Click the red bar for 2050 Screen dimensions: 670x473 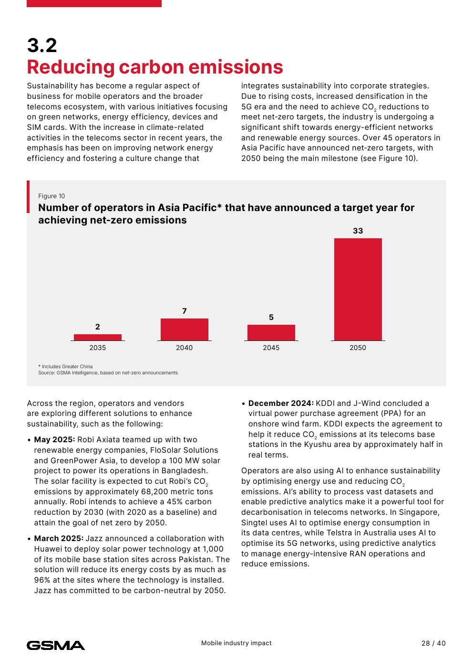click(358, 289)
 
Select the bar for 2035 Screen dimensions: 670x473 click(98, 337)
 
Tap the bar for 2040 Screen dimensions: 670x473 click(185, 330)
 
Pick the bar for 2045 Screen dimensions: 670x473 click(271, 332)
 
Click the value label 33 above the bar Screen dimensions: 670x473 click(358, 231)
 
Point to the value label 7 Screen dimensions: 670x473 click(185, 311)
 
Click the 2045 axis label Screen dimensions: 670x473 click(271, 348)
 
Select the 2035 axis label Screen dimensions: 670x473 click(98, 348)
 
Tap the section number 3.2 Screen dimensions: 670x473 click(42, 46)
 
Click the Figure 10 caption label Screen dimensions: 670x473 click(51, 196)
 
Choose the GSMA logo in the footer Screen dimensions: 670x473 click(56, 646)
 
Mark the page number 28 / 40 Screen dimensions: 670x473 click(433, 643)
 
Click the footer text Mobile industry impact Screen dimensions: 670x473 click(236, 643)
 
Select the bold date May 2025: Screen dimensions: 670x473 click(54, 440)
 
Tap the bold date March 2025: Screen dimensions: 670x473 click(59, 539)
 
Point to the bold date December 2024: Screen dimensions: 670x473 click(281, 404)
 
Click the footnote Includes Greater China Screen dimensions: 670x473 click(67, 367)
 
